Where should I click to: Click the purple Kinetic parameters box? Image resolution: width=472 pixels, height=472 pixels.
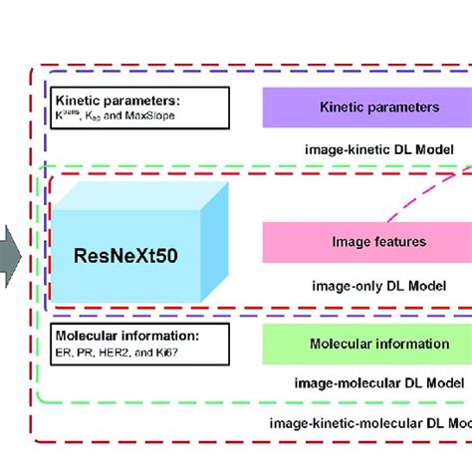[366, 107]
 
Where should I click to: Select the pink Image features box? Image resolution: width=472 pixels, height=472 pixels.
[366, 242]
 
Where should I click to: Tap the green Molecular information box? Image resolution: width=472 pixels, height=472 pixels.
[366, 344]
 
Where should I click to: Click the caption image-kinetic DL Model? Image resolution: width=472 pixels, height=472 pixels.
[378, 148]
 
